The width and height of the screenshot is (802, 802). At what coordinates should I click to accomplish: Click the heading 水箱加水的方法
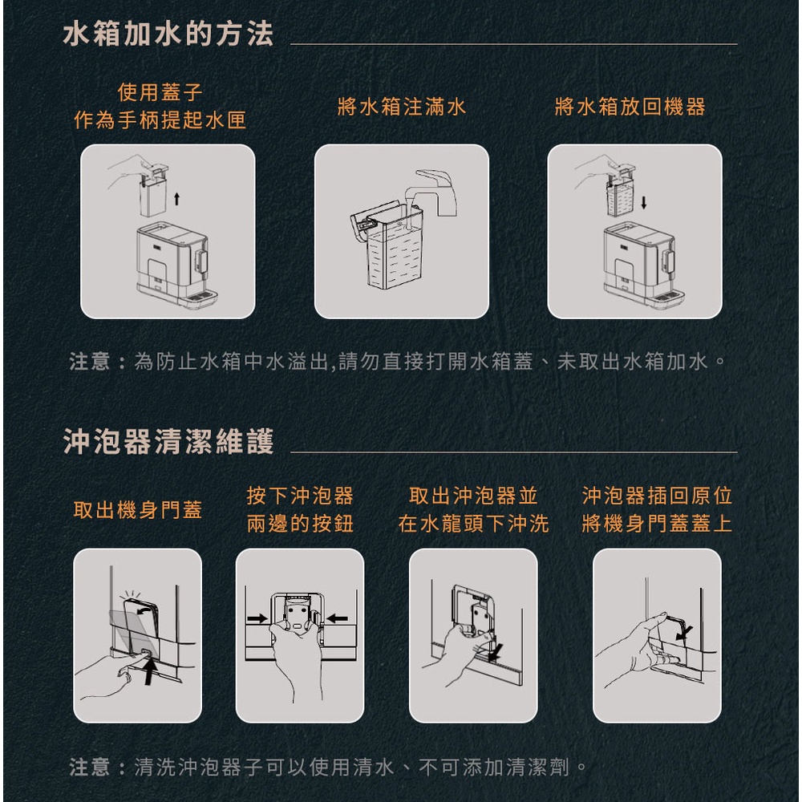click(168, 34)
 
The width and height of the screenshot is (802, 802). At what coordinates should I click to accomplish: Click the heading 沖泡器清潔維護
click(168, 441)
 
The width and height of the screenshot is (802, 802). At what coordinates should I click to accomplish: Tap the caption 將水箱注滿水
click(402, 107)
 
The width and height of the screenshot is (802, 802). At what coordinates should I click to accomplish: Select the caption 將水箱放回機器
click(630, 107)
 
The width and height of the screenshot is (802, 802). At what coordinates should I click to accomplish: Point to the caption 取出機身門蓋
click(138, 510)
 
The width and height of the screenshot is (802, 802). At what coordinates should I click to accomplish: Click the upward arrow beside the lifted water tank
click(177, 198)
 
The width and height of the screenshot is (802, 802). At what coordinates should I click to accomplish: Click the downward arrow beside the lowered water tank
click(643, 202)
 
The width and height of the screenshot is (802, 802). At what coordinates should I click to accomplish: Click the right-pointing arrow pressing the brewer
click(257, 619)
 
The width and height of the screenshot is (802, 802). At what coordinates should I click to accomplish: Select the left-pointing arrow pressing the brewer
click(337, 619)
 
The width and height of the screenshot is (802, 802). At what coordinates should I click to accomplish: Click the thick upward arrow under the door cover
click(149, 671)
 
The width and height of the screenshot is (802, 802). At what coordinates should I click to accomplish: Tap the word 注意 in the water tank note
click(90, 362)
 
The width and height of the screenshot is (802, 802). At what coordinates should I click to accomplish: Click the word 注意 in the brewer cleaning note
click(90, 767)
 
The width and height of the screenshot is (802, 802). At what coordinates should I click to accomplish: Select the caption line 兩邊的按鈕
click(300, 524)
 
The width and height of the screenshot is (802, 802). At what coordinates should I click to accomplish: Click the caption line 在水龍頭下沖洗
click(474, 524)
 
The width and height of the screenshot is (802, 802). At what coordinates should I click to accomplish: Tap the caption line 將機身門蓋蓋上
click(657, 524)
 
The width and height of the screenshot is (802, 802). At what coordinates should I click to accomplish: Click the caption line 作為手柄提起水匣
click(160, 120)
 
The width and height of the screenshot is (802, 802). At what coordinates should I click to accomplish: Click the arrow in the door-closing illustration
click(684, 633)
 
